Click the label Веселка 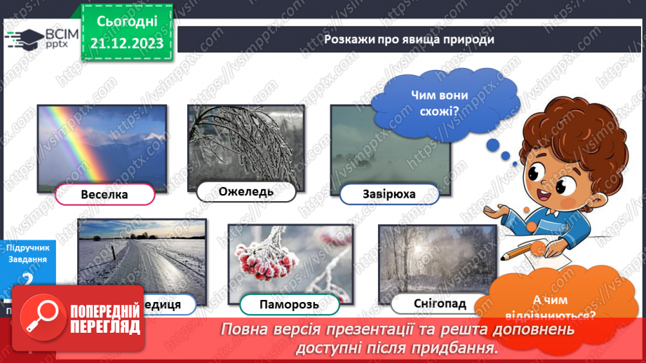(x=105, y=194)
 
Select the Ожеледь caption (x=245, y=191)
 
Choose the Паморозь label (x=289, y=304)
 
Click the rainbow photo (x=102, y=144)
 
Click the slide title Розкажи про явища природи (x=409, y=39)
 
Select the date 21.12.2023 (x=125, y=43)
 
